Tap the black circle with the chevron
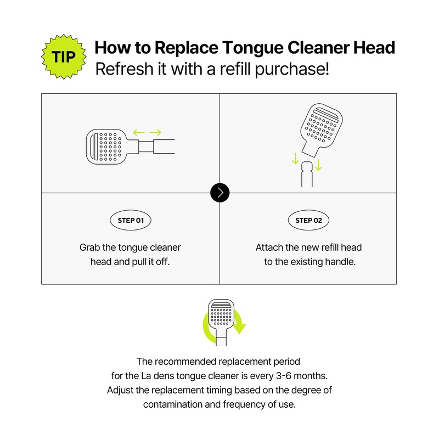tap(220, 193)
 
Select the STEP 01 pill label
tap(131, 221)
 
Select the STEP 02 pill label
tap(308, 221)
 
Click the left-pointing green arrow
tap(139, 132)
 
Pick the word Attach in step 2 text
tap(269, 247)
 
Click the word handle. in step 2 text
tap(340, 262)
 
